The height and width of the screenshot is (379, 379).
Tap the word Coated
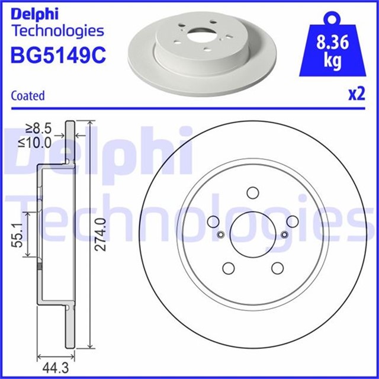[x=28, y=95]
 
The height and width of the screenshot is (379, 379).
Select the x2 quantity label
[x=355, y=95]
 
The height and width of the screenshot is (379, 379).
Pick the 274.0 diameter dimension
[x=101, y=234]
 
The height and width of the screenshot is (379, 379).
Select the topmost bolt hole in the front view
[x=253, y=192]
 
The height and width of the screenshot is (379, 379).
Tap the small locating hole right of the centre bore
[x=284, y=234]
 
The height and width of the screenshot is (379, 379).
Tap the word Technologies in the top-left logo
[x=57, y=31]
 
